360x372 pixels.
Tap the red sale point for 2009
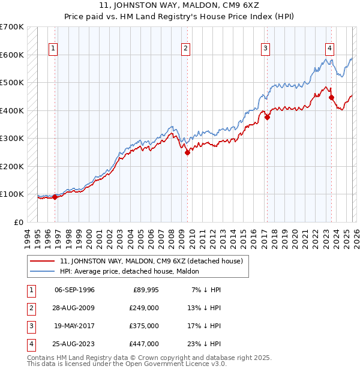(x=187, y=152)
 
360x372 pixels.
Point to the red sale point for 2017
(x=267, y=118)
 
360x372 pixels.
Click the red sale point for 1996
(x=55, y=197)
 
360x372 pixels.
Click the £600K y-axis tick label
(x=11, y=55)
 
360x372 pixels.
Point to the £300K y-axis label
(x=11, y=138)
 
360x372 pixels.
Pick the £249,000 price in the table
(x=144, y=307)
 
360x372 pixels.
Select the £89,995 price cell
(x=145, y=289)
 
